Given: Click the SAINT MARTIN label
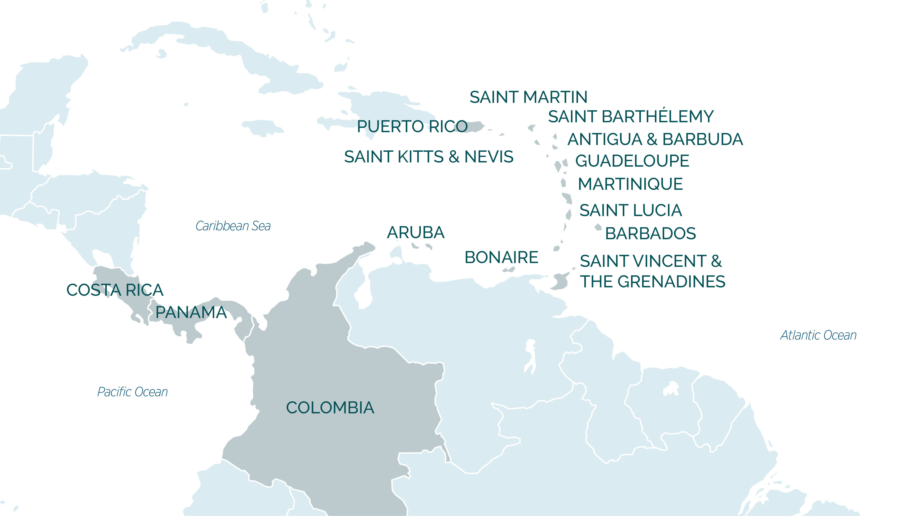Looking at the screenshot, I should (528, 97).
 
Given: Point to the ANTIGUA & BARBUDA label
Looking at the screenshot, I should (655, 139).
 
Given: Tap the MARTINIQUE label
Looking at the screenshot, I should (630, 184).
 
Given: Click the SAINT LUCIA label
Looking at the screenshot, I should (630, 210).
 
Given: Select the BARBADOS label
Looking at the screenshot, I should (650, 234).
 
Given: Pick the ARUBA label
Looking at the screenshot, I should (415, 233).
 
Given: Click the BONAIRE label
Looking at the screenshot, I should (501, 257).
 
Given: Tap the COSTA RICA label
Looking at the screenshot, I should (115, 290).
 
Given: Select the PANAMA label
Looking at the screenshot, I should (191, 313).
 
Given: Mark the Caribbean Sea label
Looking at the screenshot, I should (233, 226).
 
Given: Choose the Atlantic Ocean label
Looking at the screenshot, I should (818, 335).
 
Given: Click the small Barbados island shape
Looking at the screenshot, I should (598, 227).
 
